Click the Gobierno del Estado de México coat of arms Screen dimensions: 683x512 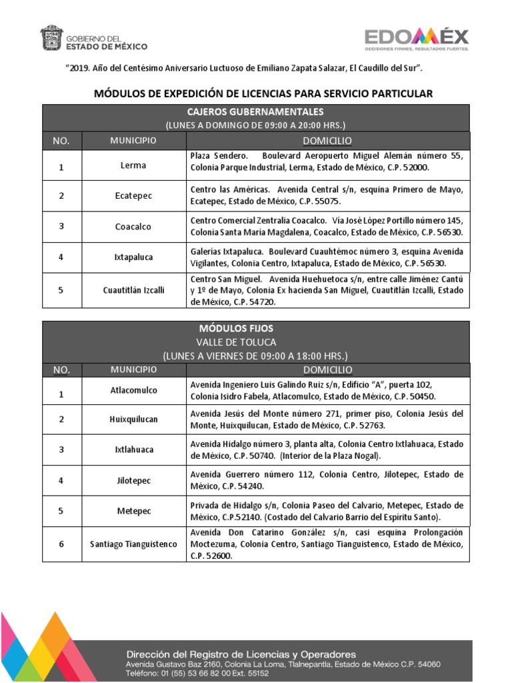click(51, 37)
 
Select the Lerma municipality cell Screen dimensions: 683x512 click(134, 165)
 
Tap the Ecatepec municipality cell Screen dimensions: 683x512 click(134, 196)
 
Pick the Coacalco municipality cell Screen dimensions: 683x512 click(133, 227)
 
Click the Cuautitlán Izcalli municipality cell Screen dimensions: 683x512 click(134, 291)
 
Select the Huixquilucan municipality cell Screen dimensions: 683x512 click(134, 420)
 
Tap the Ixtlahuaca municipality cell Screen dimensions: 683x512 click(133, 450)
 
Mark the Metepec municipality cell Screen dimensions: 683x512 click(133, 511)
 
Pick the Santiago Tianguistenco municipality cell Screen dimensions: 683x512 click(134, 544)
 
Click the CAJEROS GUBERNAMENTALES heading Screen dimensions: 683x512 click(256, 112)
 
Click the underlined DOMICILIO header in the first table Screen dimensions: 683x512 click(327, 141)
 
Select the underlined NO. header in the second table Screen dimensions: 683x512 click(61, 370)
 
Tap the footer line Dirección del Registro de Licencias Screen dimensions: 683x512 click(241, 654)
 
